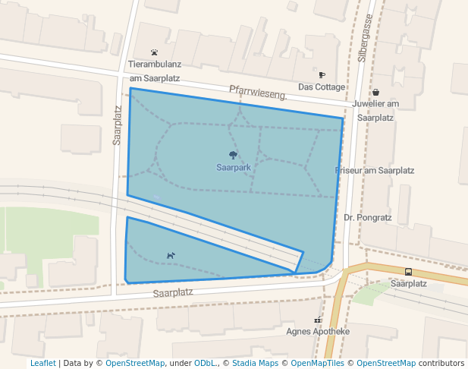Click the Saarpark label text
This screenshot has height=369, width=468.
pos(233,167)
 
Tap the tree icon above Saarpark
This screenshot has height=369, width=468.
pos(233,155)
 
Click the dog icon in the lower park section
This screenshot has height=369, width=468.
pos(170,256)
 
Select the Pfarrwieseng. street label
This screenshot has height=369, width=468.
pos(258,93)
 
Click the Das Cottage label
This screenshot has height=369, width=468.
pos(322,87)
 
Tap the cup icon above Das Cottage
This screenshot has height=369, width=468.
pos(322,75)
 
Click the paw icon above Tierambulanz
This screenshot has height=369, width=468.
pos(155,53)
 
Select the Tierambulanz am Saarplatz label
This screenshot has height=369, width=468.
pos(154,71)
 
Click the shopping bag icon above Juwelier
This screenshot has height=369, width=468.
pos(375,92)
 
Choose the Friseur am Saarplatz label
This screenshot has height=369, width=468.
pos(375,171)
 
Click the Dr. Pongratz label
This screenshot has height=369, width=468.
pos(367,217)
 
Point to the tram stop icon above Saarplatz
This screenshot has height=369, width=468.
pos(409,272)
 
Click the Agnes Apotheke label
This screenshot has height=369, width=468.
pos(318,332)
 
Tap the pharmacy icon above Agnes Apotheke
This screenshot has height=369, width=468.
pos(318,320)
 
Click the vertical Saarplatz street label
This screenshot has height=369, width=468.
pos(118,125)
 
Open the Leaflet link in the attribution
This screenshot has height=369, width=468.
pos(42,363)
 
